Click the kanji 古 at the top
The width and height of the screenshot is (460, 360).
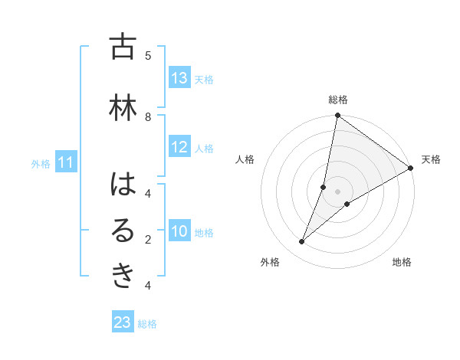(x=123, y=47)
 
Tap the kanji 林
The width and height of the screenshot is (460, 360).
(x=123, y=108)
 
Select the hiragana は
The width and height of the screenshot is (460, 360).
(x=123, y=185)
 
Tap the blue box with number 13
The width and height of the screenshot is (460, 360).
(x=179, y=78)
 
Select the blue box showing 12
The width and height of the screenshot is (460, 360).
(x=179, y=148)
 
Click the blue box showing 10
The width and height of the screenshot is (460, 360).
(x=179, y=232)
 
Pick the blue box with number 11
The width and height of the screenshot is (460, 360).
(x=67, y=162)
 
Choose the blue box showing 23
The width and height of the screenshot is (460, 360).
(x=123, y=322)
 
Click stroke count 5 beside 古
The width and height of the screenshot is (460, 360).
(x=148, y=55)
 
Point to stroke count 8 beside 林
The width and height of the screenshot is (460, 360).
(x=148, y=116)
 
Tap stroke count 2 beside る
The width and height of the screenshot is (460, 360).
(x=148, y=240)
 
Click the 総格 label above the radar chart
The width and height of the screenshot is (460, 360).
(x=338, y=100)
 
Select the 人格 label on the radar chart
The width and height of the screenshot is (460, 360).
(x=245, y=159)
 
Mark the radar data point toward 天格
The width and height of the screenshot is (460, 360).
(x=410, y=169)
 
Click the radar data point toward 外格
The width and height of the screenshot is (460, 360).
(x=301, y=242)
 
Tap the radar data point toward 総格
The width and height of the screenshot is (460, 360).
(x=337, y=116)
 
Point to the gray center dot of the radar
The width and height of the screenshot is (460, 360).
(x=337, y=191)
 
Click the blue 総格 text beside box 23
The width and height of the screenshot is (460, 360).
(x=147, y=324)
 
